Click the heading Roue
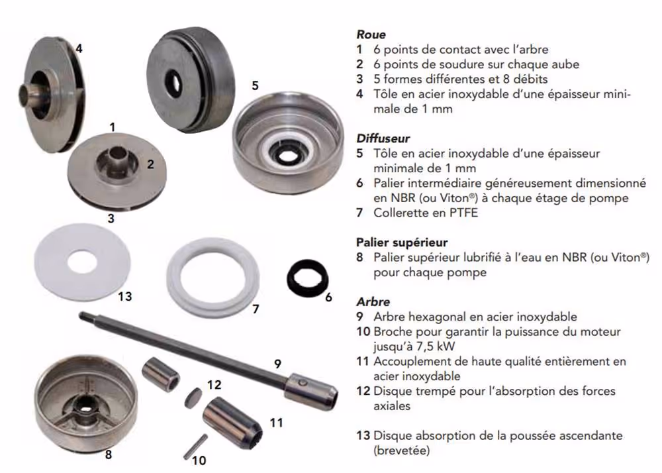tap(371, 34)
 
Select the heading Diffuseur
tap(383, 138)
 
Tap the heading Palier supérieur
tap(402, 243)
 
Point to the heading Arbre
tap(373, 302)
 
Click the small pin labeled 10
tap(195, 447)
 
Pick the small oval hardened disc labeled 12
tap(193, 397)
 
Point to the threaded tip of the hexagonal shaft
tap(83, 315)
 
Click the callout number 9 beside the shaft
tap(277, 364)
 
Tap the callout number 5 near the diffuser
tap(255, 85)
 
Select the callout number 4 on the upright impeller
tap(79, 49)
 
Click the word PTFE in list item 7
tap(463, 213)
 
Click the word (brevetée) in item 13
tap(402, 450)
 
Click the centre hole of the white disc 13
tap(82, 262)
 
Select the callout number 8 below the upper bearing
tap(109, 454)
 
